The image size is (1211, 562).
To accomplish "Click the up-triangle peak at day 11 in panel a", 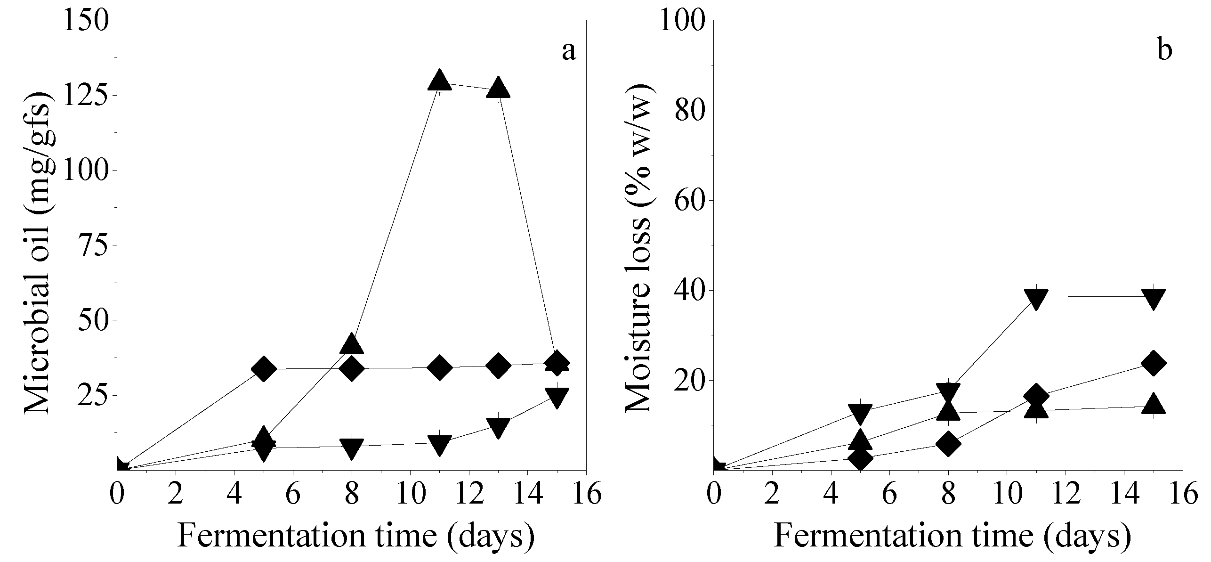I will [x=440, y=81].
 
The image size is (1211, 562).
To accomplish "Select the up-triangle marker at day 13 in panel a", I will [x=498, y=88].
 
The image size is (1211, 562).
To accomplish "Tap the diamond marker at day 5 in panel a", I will [x=264, y=368].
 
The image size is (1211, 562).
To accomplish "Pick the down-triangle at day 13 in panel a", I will [x=498, y=427].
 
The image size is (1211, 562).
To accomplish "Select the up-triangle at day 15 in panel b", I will [x=1153, y=404].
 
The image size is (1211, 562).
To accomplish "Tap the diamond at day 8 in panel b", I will [x=948, y=444].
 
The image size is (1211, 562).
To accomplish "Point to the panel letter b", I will [x=1164, y=50].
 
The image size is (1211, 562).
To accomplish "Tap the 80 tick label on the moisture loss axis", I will [x=687, y=110].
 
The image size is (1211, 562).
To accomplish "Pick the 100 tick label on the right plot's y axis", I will [x=680, y=20].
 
